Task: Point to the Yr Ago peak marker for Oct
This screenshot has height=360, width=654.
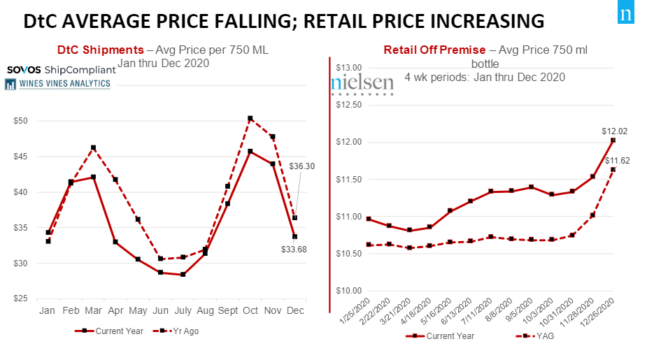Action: pos(250,119)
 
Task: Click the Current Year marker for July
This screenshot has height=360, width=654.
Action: pos(183,275)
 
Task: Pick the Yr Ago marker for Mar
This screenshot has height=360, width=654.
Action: pos(93,148)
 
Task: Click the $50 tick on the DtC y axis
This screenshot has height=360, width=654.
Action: pos(20,121)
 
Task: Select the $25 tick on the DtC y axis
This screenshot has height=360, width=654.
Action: pos(20,299)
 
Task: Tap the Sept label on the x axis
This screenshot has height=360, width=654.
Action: pos(227,310)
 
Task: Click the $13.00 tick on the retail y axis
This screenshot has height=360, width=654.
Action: pos(347,68)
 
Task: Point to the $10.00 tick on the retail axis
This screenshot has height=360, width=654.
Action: pos(347,291)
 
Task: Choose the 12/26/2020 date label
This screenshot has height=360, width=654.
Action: pos(604,312)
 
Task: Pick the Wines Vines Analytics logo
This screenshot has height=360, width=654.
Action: pos(57,84)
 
